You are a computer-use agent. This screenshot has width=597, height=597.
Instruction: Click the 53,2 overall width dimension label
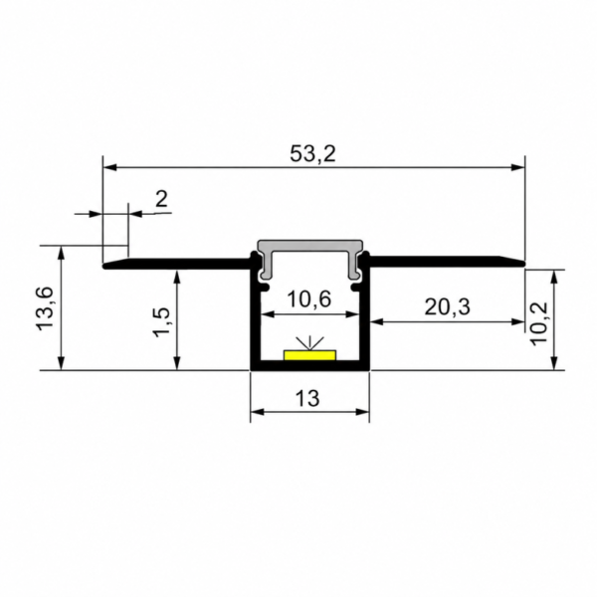(312, 154)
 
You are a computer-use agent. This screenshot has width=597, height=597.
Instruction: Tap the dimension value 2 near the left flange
(161, 199)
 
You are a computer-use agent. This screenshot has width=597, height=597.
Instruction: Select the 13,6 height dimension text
(46, 308)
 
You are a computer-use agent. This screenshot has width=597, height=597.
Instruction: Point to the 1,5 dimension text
(161, 322)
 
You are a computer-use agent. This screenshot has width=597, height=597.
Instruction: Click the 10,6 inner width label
(309, 298)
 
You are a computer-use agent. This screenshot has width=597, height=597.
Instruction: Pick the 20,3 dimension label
(447, 306)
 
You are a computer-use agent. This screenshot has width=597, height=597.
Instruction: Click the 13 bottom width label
(307, 398)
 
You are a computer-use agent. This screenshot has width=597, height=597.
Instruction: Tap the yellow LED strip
(309, 355)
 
